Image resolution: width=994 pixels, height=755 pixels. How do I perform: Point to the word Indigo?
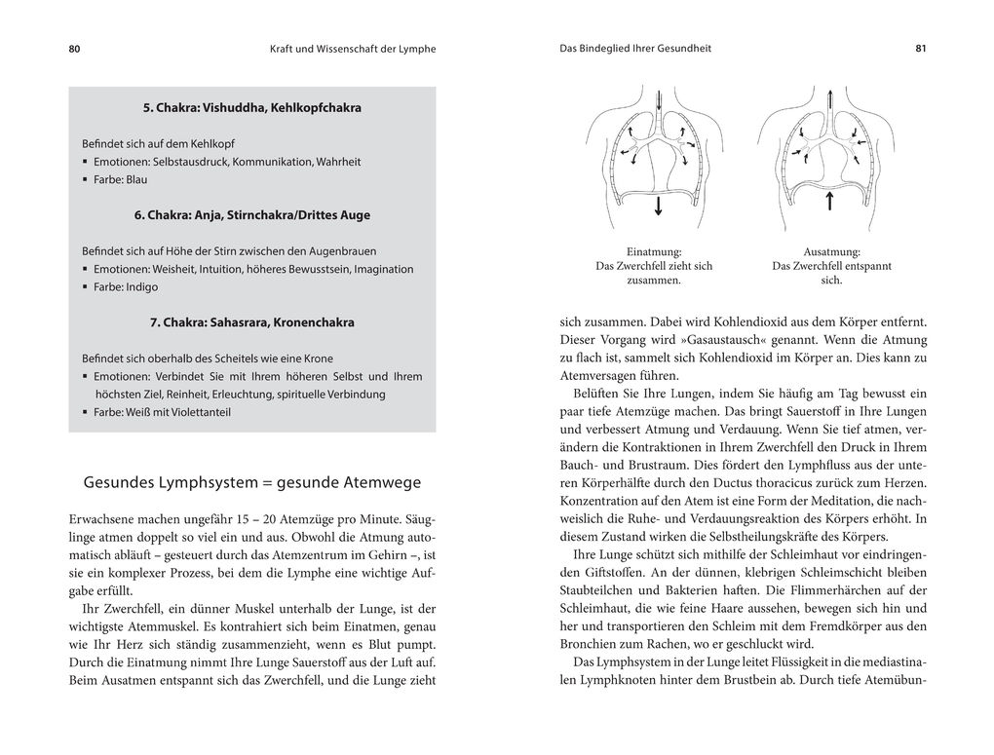141,286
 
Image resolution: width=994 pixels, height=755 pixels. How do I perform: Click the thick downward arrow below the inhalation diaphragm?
659,205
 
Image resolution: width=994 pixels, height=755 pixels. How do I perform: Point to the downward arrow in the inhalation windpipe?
659,101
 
